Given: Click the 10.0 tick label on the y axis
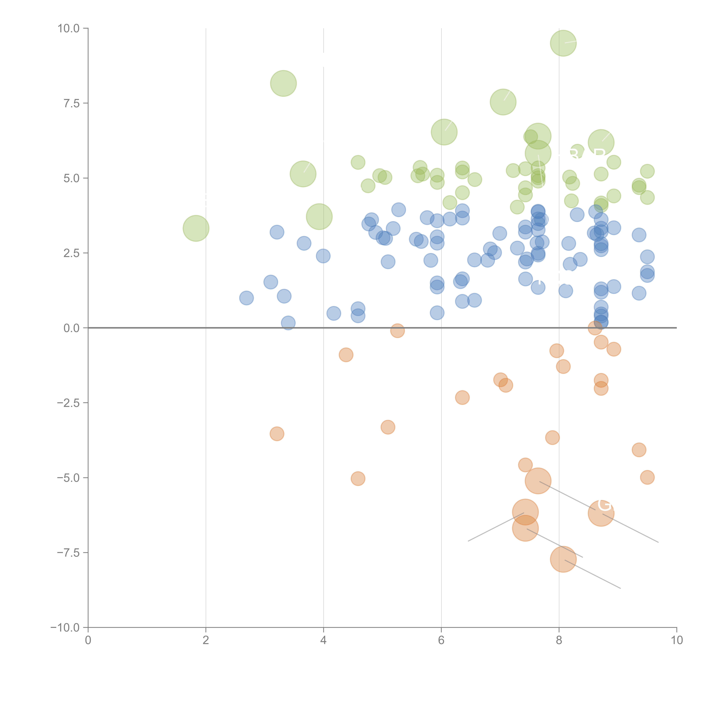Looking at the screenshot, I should pos(69,28).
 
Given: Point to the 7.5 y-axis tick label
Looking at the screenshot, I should pos(71,103).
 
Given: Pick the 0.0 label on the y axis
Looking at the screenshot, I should pos(71,328).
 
